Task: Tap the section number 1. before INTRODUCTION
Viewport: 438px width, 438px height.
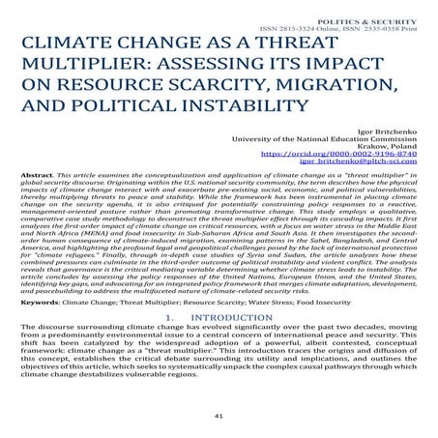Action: tap(171, 345)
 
